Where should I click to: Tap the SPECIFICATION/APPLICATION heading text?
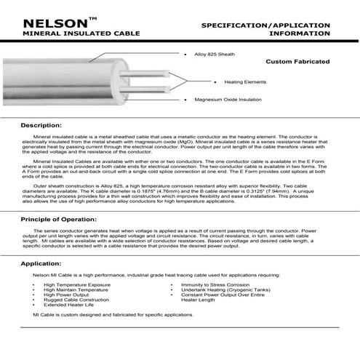pos(265,25)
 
